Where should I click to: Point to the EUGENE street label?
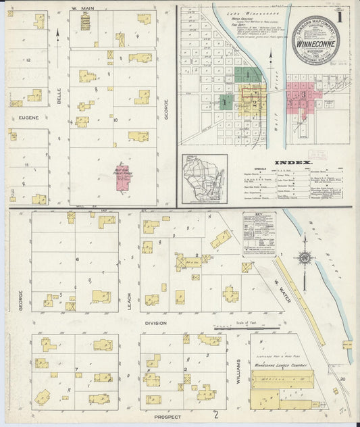click(x=18, y=117)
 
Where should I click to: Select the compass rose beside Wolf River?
click(x=306, y=257)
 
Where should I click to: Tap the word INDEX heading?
click(x=292, y=163)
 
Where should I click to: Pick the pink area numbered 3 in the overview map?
click(x=304, y=95)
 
